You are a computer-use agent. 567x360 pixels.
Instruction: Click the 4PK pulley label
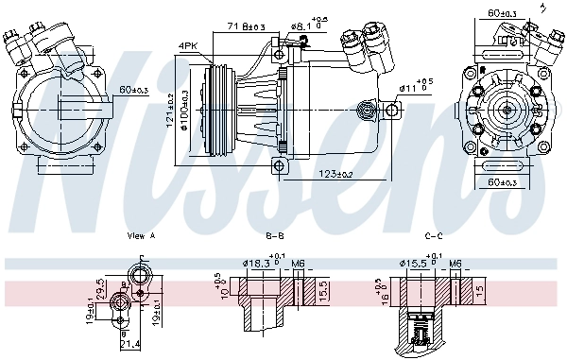coord(189,44)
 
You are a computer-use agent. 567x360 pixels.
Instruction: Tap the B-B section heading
coord(276,236)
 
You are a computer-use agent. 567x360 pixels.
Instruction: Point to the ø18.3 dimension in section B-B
coord(258,264)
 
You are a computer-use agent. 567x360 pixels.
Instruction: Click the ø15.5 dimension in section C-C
coord(414,264)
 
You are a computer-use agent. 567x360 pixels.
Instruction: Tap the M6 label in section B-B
coord(297,264)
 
